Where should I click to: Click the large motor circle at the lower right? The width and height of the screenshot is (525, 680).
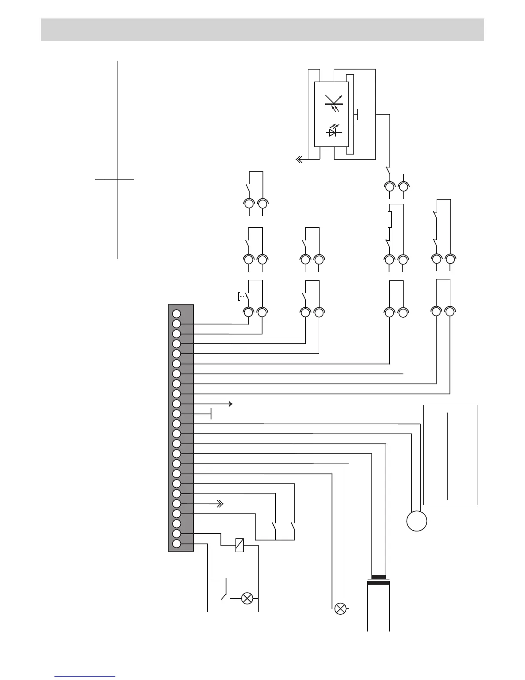click(417, 521)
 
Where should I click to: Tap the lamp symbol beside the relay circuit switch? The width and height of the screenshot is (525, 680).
click(247, 598)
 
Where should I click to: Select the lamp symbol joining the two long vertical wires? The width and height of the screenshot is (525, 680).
click(340, 608)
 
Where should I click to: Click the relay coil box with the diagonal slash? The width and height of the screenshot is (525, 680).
click(240, 545)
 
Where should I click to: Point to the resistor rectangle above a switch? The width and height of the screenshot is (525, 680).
click(389, 219)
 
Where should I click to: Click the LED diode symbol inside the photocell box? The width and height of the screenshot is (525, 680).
click(332, 131)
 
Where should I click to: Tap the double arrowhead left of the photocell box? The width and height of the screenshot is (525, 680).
click(299, 160)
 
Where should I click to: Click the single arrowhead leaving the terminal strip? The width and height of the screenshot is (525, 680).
click(230, 404)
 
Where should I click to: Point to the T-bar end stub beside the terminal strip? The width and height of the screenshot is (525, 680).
click(211, 414)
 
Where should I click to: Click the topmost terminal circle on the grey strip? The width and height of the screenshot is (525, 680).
click(176, 314)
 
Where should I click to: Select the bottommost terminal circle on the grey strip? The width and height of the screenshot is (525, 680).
click(176, 544)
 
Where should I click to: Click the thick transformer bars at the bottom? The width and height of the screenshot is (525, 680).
click(378, 580)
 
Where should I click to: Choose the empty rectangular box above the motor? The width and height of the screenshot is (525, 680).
click(450, 455)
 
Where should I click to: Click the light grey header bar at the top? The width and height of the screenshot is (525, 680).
click(262, 30)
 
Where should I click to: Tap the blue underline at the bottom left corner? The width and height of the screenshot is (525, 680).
click(85, 676)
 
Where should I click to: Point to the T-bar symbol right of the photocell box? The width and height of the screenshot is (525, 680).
click(357, 114)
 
